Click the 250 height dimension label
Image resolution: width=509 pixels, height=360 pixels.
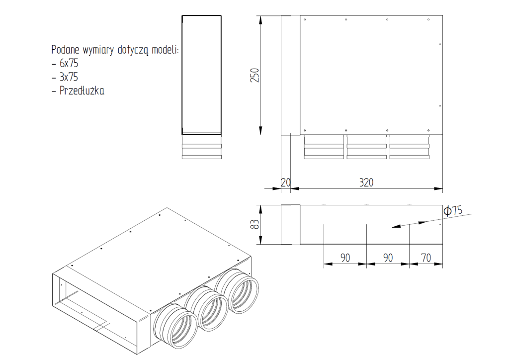coord(255,75)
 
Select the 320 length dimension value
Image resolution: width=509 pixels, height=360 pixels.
coord(366,182)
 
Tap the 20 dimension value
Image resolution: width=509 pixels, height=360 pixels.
coord(286,182)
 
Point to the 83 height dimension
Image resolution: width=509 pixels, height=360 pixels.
coord(255,224)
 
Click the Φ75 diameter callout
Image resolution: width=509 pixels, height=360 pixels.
coord(453,211)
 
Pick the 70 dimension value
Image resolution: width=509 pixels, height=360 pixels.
coord(426,258)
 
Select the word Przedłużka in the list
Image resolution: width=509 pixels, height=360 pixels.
coord(82,90)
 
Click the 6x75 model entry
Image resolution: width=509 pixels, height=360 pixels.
coord(69,63)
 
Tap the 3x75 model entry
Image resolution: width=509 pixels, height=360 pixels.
coord(69,77)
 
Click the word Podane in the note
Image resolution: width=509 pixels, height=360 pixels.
coord(65,50)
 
